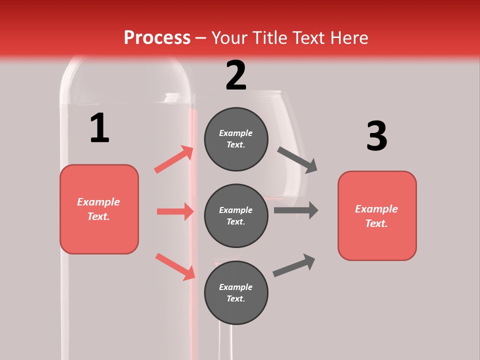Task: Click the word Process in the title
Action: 157,38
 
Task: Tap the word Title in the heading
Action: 269,38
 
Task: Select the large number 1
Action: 99,128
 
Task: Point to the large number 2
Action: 236,75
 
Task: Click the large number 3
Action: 377,136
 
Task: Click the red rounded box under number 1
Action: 99,209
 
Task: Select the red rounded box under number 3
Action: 377,216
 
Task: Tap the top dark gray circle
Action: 236,139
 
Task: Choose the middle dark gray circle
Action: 236,216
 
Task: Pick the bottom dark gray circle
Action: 236,293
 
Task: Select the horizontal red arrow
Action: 175,211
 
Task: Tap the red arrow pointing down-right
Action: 175,266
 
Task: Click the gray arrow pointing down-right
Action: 297,159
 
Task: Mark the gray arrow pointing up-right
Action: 294,265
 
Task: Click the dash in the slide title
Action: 200,38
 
